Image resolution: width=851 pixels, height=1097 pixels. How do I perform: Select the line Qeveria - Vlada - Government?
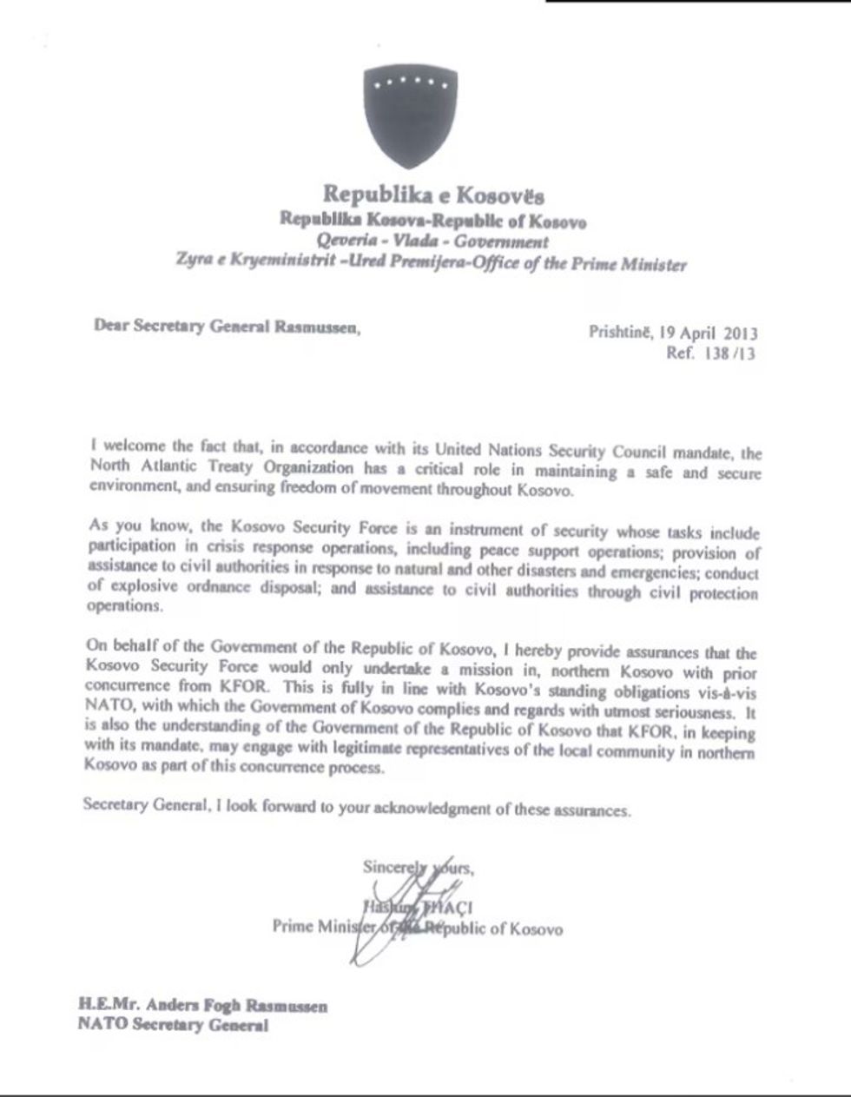tap(432, 241)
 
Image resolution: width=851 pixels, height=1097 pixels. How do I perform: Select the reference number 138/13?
tap(718, 354)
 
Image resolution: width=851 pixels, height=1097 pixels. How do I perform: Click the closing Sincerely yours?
tap(419, 867)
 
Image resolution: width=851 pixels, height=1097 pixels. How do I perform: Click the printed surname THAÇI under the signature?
tap(445, 909)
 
